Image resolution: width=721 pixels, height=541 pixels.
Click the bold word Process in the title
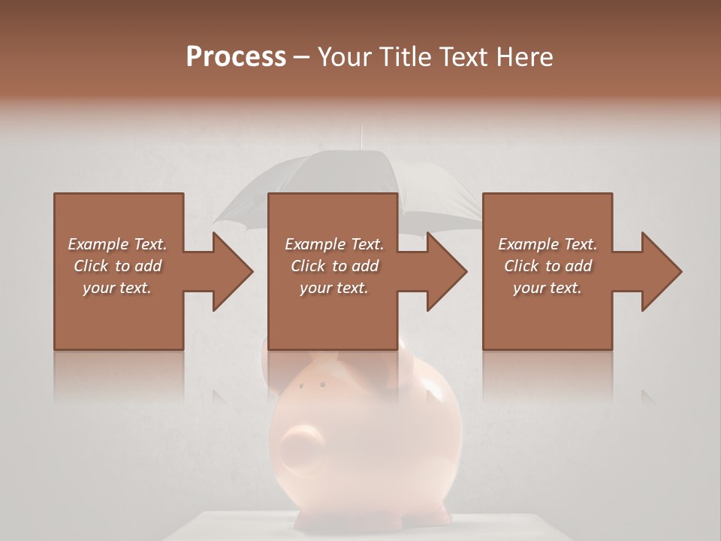point(236,56)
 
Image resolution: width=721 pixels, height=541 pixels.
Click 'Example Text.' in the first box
point(117,244)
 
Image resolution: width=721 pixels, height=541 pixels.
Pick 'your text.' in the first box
point(117,288)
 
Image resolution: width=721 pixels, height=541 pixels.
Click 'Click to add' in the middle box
point(334,266)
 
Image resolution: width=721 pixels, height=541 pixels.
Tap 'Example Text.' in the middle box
point(334,244)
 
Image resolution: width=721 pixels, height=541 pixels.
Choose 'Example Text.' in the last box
point(548,244)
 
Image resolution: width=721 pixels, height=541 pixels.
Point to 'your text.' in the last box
point(548,288)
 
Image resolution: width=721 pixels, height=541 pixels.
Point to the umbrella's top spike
point(361,137)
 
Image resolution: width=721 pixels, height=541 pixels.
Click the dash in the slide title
point(302,57)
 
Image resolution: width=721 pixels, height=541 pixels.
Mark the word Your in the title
point(343,56)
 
